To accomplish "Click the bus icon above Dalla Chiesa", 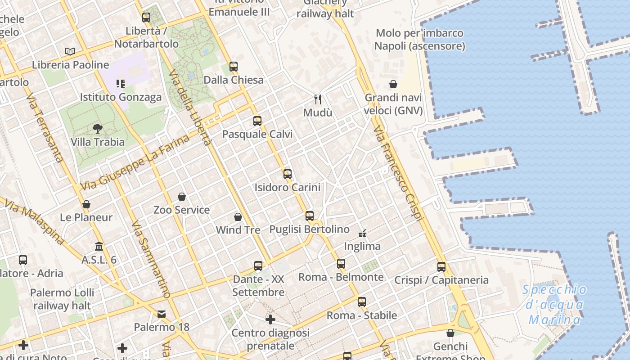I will [233, 67].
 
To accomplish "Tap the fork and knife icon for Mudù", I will [318, 99].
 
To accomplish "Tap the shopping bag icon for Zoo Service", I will [182, 197].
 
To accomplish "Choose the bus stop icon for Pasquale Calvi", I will [257, 121].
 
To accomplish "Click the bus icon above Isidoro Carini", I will [288, 174].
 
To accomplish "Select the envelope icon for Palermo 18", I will [162, 314].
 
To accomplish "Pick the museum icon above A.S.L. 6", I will [99, 247].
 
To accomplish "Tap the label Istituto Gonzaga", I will [121, 97].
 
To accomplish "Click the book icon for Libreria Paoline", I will [70, 51].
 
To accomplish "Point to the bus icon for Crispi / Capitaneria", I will [441, 267].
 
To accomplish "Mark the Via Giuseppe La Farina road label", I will [135, 163].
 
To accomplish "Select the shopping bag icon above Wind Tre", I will [238, 217].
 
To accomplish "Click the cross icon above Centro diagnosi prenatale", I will [270, 320].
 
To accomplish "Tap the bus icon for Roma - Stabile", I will [362, 302].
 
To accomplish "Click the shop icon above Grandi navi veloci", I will [393, 84].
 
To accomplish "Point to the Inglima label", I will [362, 246].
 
